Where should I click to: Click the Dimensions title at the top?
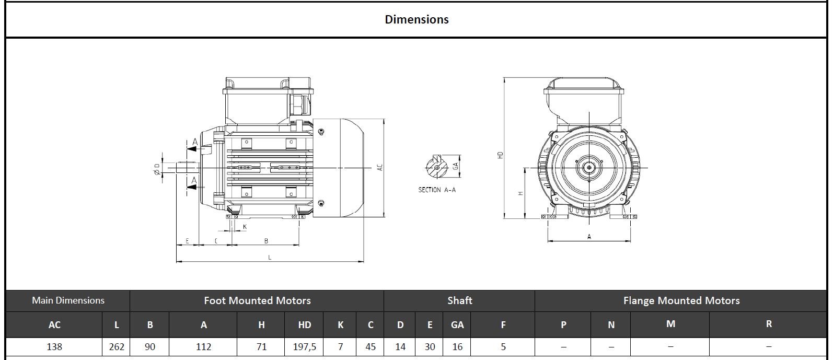(x=416, y=19)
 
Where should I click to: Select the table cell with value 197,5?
(x=304, y=346)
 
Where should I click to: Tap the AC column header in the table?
(x=54, y=324)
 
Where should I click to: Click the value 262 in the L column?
(x=117, y=346)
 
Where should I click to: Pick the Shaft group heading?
(x=459, y=300)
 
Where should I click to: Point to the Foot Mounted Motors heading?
(x=257, y=300)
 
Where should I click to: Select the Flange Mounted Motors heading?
(x=681, y=300)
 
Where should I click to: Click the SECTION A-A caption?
(x=437, y=190)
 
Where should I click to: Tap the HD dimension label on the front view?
(x=500, y=155)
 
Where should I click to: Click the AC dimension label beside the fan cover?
(x=380, y=167)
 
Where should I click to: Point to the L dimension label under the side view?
(x=270, y=257)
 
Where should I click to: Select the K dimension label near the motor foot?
(x=244, y=227)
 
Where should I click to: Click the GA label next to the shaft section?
(x=456, y=166)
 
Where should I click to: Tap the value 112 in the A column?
(x=203, y=346)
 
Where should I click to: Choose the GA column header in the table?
(x=457, y=324)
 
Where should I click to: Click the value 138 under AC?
(x=54, y=346)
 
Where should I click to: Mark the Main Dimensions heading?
(x=68, y=300)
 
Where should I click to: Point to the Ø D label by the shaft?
(x=157, y=168)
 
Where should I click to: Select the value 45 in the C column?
(x=371, y=346)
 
